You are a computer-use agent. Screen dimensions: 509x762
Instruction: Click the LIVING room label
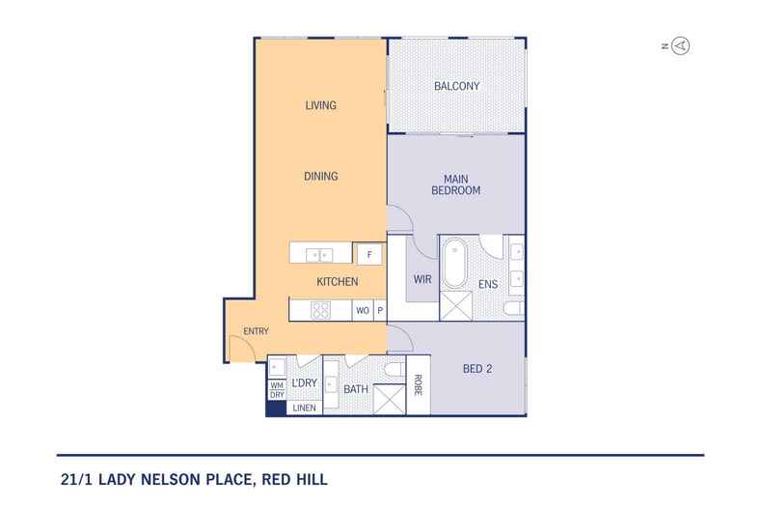pyautogui.click(x=320, y=105)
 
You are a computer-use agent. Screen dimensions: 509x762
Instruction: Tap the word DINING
pyautogui.click(x=320, y=176)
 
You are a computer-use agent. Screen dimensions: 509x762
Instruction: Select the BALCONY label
pyautogui.click(x=456, y=86)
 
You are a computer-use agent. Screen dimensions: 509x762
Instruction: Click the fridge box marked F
pyautogui.click(x=368, y=255)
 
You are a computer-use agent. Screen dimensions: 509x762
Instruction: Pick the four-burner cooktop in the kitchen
pyautogui.click(x=319, y=310)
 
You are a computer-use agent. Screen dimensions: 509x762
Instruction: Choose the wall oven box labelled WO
pyautogui.click(x=363, y=311)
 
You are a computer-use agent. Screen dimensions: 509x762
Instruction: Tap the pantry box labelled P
pyautogui.click(x=380, y=311)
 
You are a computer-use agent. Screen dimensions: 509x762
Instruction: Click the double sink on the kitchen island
pyautogui.click(x=318, y=255)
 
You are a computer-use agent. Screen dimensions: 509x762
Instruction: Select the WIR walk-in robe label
pyautogui.click(x=422, y=280)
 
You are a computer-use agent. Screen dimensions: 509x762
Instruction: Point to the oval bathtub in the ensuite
pyautogui.click(x=455, y=265)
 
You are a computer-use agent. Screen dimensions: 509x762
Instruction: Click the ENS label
pyautogui.click(x=487, y=284)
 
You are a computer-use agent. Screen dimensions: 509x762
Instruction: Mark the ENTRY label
pyautogui.click(x=256, y=332)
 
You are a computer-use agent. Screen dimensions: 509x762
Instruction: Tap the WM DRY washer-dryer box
pyautogui.click(x=277, y=390)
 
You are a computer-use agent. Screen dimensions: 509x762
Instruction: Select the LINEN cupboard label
pyautogui.click(x=304, y=408)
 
